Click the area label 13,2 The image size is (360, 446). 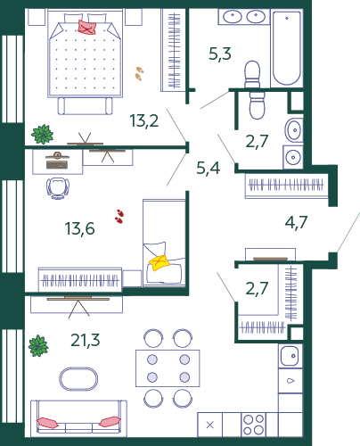tap(144, 120)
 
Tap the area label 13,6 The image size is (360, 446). tap(79, 228)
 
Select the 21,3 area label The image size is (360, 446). tap(86, 340)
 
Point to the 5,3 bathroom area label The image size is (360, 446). tap(220, 54)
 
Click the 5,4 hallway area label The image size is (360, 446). tap(209, 168)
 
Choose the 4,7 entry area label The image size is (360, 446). tap(296, 222)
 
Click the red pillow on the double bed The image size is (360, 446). tap(86, 27)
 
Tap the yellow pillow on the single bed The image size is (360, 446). tap(160, 262)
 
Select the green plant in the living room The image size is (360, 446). tap(38, 346)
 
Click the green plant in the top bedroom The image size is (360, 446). tap(42, 134)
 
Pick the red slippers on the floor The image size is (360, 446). tap(119, 216)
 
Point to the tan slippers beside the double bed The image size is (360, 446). tap(139, 73)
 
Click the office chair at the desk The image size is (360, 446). tap(58, 188)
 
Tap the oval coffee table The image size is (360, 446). tap(78, 379)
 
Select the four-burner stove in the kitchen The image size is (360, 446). tap(253, 425)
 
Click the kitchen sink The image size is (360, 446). tap(290, 356)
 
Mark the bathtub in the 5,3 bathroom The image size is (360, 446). tap(287, 48)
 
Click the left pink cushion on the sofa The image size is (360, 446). tap(47, 423)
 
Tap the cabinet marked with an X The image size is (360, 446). tap(210, 425)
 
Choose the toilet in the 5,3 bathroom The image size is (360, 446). tap(252, 74)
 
